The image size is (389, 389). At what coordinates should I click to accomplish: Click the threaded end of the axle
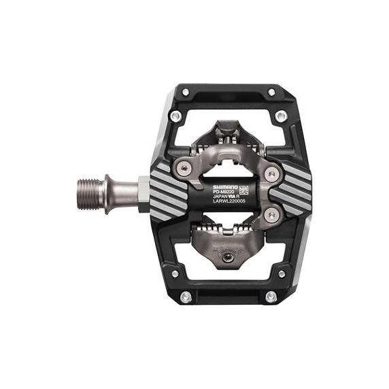[x=90, y=194]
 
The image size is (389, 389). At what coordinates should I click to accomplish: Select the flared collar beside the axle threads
[x=106, y=194]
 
